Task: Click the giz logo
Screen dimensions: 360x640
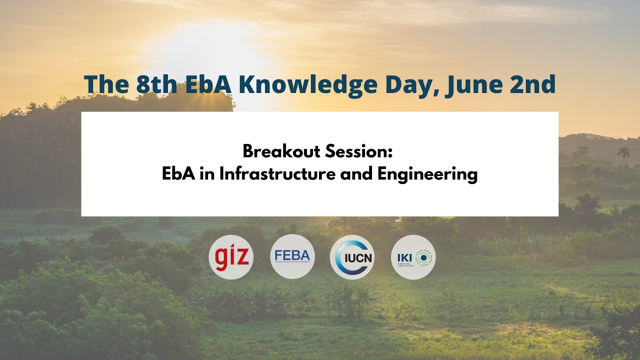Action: click(x=231, y=257)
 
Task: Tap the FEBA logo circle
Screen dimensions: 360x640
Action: click(x=292, y=256)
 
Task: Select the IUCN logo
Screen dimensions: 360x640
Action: click(x=352, y=257)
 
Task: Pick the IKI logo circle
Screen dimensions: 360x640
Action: click(x=413, y=257)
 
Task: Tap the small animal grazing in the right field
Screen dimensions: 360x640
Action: click(x=552, y=293)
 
